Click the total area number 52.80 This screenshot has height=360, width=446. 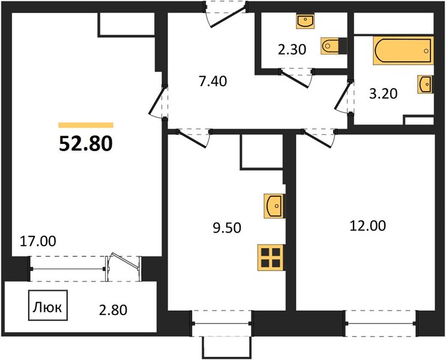click(86, 143)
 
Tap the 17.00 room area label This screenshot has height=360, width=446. click(38, 241)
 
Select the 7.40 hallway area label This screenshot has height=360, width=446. click(213, 82)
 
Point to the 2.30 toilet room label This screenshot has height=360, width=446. click(292, 49)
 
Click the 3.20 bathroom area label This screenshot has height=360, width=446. click(383, 94)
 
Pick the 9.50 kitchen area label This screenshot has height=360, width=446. click(227, 228)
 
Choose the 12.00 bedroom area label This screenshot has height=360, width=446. click(367, 226)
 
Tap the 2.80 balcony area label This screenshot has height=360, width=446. click(113, 310)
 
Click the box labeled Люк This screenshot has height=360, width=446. click(48, 305)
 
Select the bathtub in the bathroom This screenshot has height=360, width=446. click(403, 50)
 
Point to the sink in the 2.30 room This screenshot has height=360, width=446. click(305, 22)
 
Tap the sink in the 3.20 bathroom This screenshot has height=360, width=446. click(425, 84)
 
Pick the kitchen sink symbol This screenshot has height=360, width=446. click(274, 206)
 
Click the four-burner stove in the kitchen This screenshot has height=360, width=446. click(271, 257)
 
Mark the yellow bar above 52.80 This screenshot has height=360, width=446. click(86, 125)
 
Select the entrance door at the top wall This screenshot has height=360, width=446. click(226, 14)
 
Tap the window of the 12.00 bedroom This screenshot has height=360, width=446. click(381, 323)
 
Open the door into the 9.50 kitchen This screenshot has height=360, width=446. click(193, 137)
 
